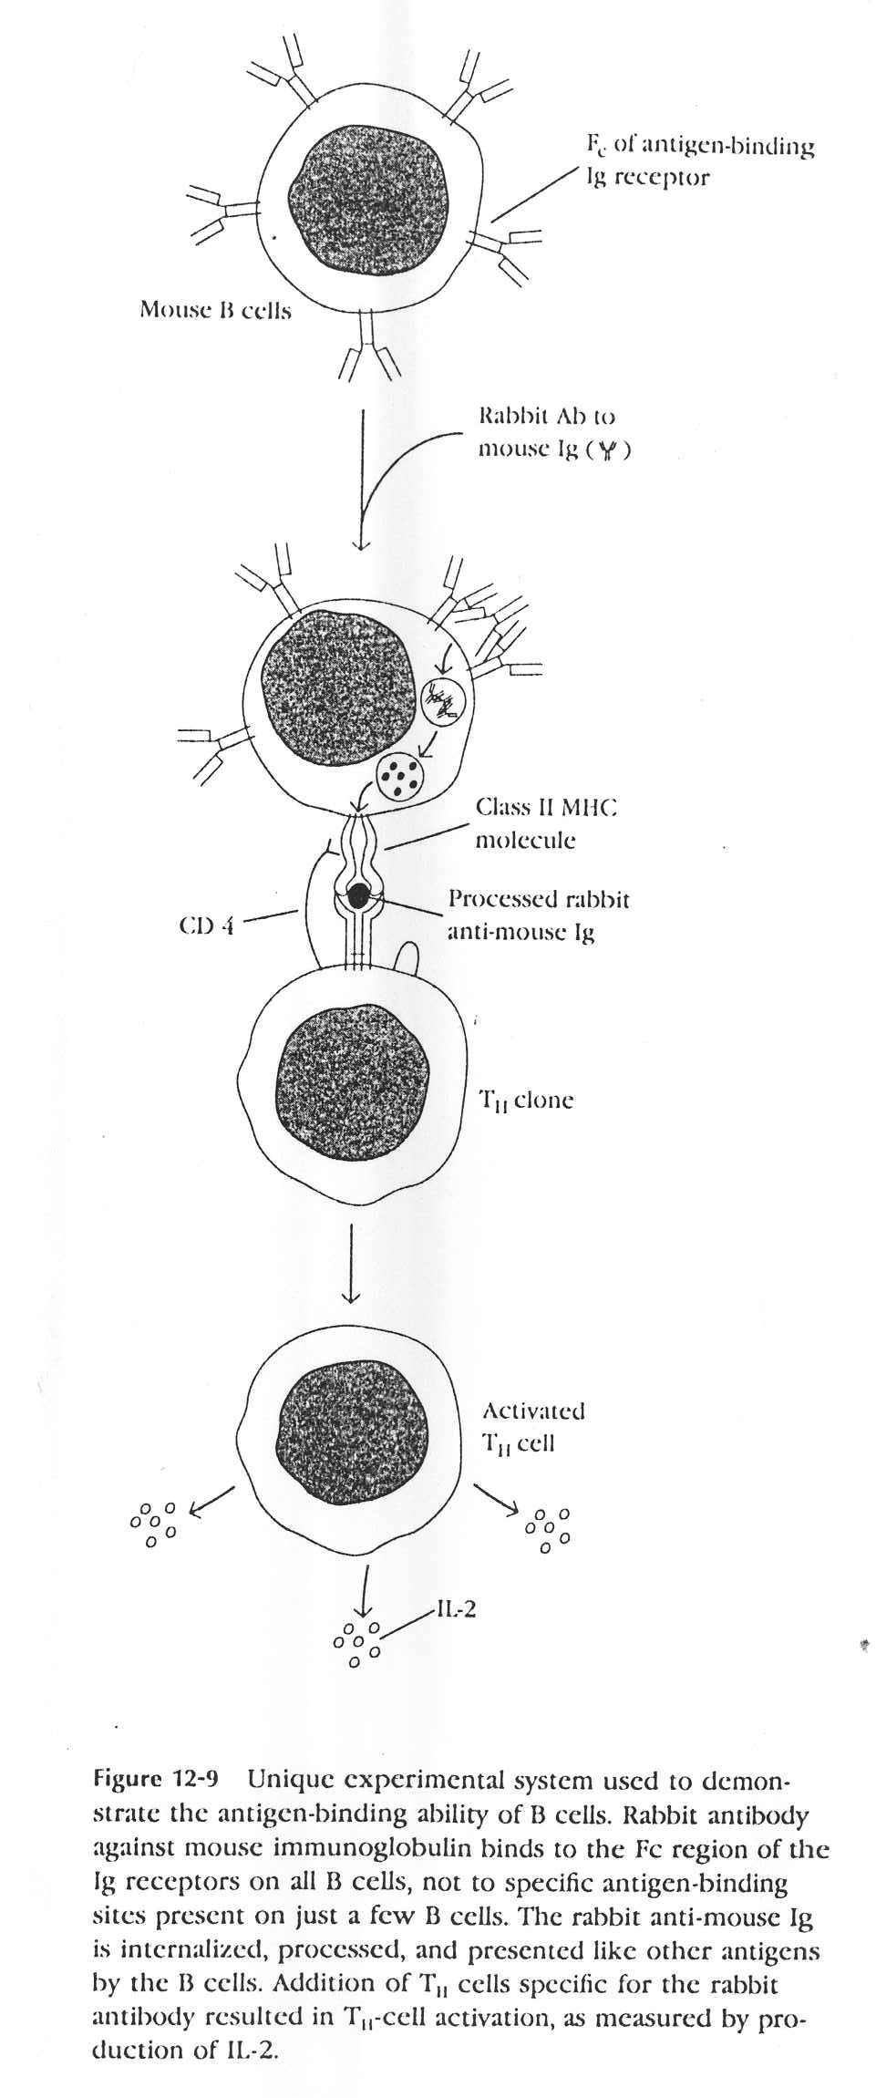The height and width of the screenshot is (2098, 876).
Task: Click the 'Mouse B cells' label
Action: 215,310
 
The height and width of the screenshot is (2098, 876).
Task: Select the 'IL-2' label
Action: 456,1611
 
